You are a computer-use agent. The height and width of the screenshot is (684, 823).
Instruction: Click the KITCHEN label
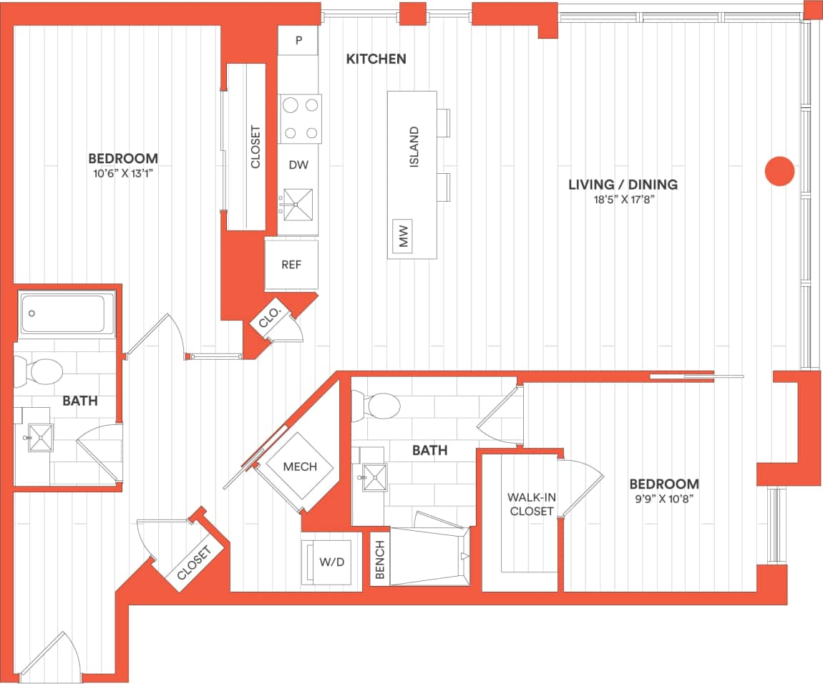point(376,59)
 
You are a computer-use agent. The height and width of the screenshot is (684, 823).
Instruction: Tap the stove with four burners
point(300,119)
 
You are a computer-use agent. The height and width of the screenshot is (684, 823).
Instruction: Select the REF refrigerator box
point(291,265)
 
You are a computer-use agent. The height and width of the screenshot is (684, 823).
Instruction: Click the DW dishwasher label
point(298,165)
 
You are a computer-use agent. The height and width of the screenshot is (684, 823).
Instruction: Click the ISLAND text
point(414,147)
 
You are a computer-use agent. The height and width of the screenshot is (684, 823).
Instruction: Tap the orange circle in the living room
point(779,172)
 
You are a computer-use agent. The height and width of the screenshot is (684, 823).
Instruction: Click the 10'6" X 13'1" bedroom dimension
point(122,172)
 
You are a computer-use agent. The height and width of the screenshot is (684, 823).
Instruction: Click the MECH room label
point(300,467)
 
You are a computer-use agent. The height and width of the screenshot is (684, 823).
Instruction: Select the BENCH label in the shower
point(379,560)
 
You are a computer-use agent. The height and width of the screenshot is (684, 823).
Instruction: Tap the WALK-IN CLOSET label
point(530,504)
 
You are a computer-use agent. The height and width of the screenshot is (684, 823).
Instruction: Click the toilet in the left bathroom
point(43,371)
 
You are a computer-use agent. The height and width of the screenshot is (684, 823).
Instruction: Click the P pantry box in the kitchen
point(298,40)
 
